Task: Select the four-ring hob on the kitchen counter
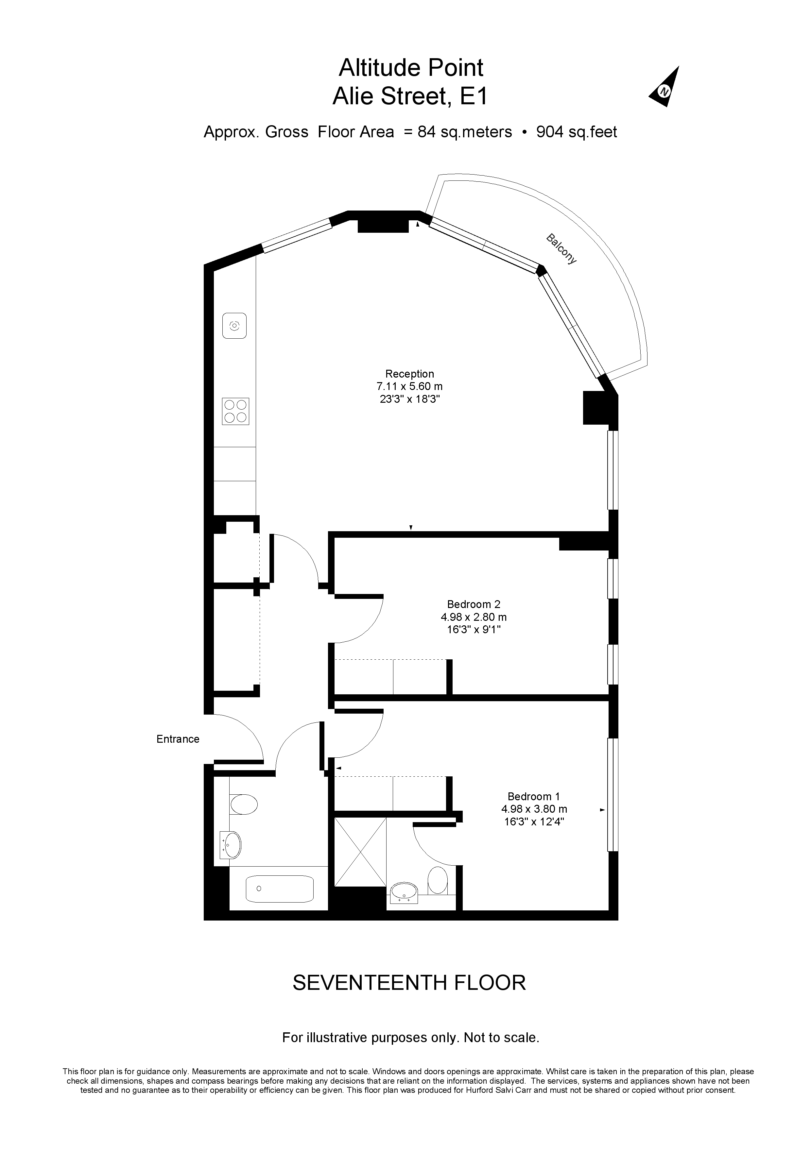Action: coord(235,412)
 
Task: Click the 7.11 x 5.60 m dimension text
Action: coord(409,386)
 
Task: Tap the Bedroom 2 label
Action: coord(474,604)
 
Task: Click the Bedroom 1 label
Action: coord(534,797)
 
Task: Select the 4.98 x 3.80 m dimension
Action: coord(534,809)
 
